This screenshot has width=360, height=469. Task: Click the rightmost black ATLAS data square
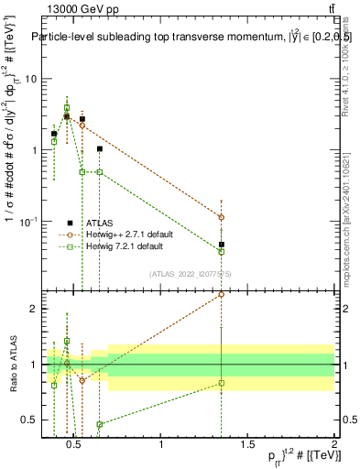221,245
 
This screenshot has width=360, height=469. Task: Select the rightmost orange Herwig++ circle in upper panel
221,217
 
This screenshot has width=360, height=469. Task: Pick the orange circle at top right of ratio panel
221,294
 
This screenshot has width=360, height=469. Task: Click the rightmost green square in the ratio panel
221,383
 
